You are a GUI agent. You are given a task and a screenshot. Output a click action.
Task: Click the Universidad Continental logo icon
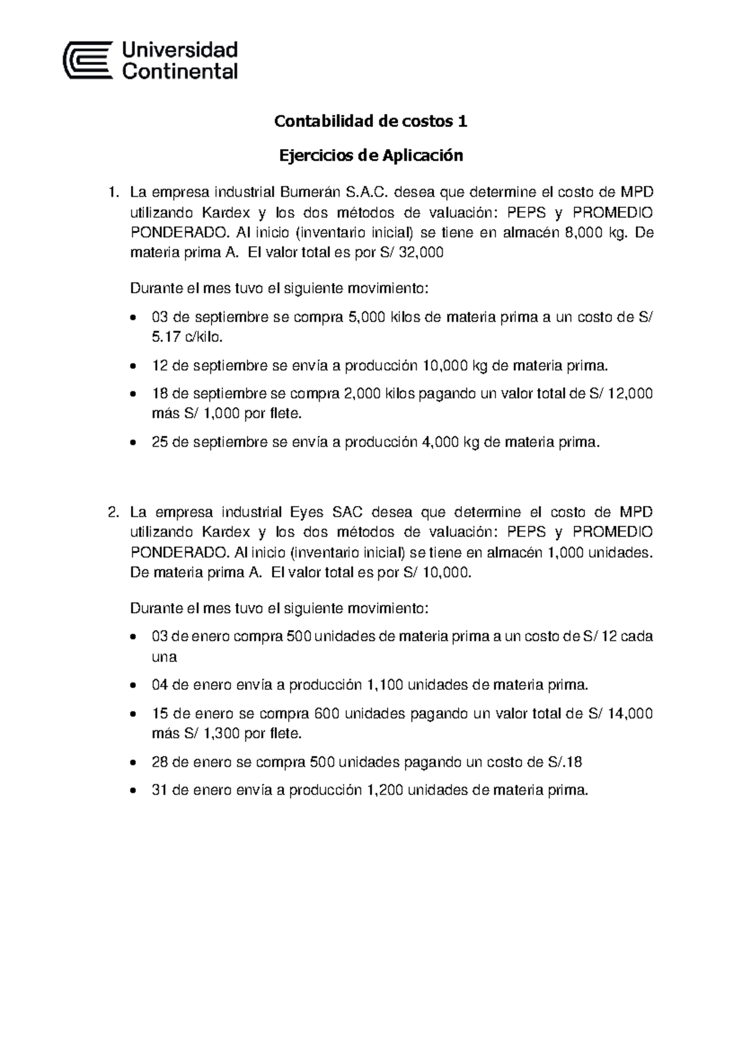pos(88,60)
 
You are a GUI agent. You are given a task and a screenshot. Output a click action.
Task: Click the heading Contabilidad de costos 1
pos(370,122)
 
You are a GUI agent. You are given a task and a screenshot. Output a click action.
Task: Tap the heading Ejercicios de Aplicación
pos(370,155)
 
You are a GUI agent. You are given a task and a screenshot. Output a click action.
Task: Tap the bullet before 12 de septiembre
pos(134,366)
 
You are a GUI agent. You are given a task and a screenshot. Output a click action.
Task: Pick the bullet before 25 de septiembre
pos(134,443)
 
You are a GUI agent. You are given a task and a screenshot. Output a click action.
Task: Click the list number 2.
pos(113,512)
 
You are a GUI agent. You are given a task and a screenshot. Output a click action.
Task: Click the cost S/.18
pos(565,762)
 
